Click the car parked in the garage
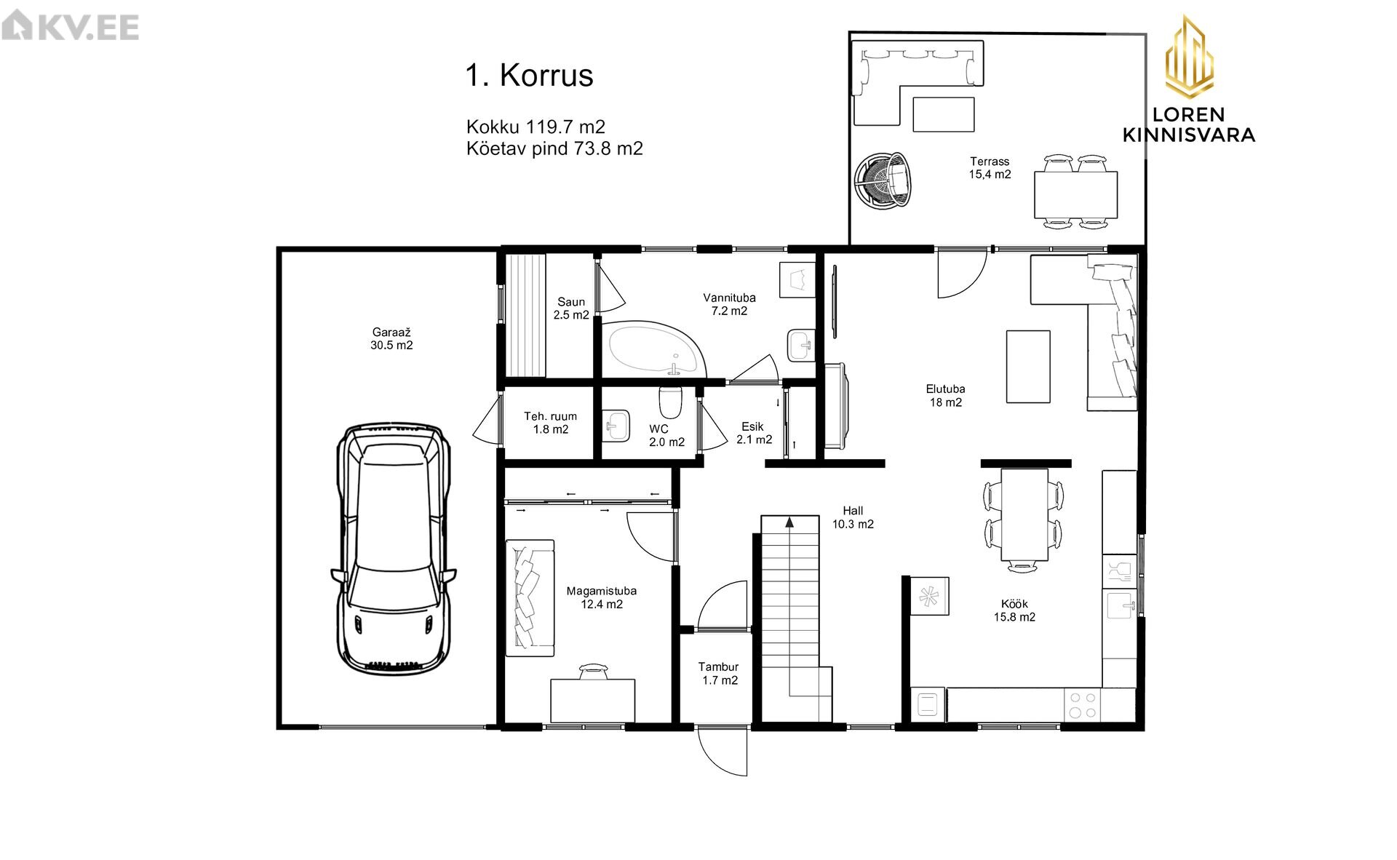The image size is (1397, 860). point(394,549)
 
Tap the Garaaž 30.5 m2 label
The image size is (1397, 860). point(391,339)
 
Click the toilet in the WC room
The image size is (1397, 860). point(670,401)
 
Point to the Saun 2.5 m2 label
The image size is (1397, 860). point(571,308)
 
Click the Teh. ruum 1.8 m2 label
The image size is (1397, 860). point(551,423)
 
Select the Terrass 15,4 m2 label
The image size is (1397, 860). point(990,168)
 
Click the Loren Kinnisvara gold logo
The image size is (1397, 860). point(1189,79)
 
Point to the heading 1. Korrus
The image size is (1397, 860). point(530,75)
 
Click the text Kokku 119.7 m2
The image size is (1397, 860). point(536,127)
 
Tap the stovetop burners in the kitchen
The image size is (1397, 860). point(1081,704)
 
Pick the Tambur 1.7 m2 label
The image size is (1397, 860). point(719,674)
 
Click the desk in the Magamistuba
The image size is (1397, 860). point(592,701)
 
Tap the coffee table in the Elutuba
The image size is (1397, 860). point(1028,366)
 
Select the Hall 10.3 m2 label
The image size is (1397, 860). point(853,517)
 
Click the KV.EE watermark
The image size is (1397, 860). point(71,28)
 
